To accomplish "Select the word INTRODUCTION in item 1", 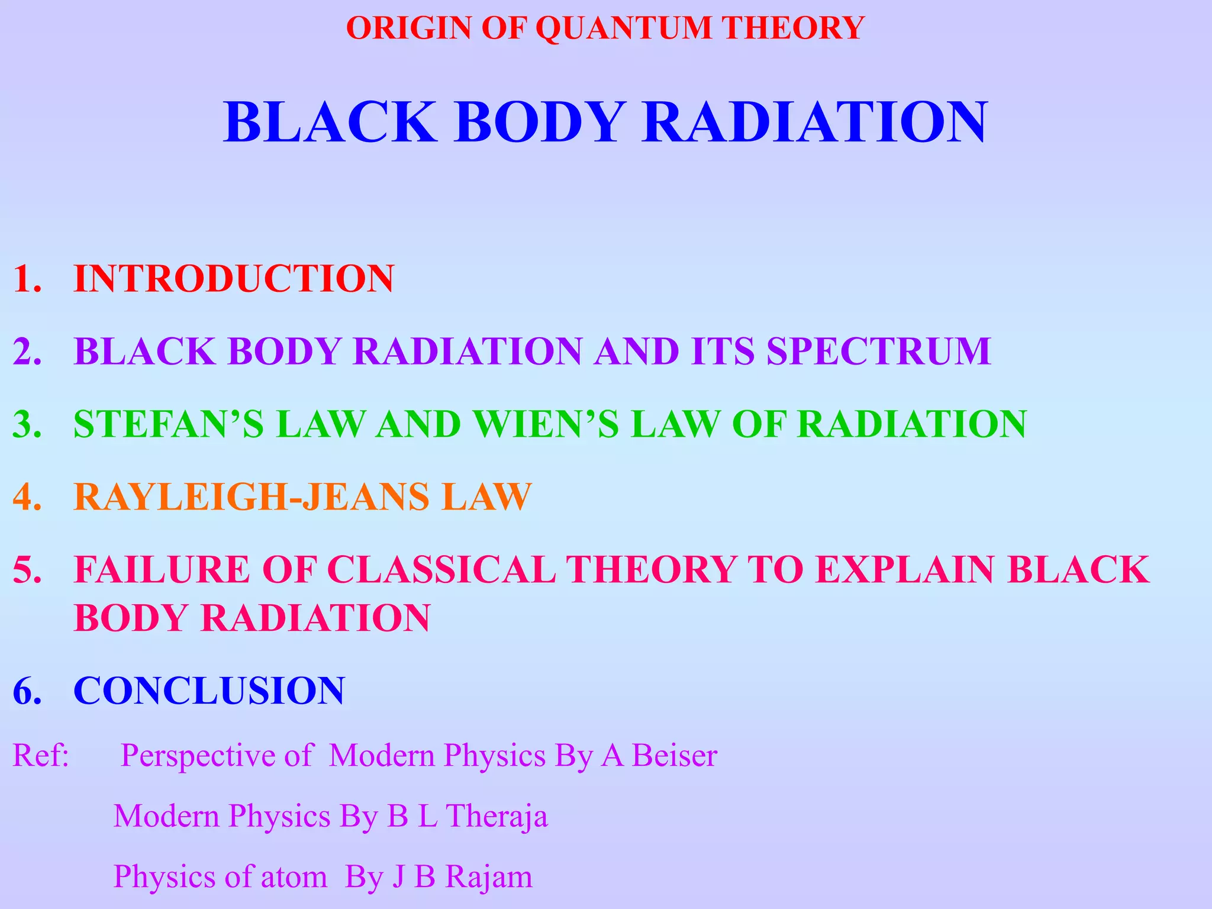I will (234, 278).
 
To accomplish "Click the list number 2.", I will (27, 351).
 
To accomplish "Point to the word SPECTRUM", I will (879, 351).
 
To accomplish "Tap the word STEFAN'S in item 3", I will (169, 424).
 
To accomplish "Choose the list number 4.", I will (27, 497).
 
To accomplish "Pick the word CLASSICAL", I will (441, 569).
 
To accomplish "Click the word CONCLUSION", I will (209, 691).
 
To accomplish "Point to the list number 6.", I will (27, 691).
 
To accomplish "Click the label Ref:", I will (41, 756).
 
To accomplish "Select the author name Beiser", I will (675, 756).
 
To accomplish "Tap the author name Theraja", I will (497, 816).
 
